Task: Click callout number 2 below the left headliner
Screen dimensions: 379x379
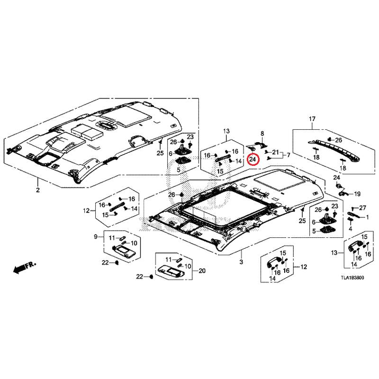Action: pyautogui.click(x=38, y=190)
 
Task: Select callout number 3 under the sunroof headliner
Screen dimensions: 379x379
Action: pyautogui.click(x=241, y=262)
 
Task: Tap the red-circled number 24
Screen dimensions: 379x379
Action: pyautogui.click(x=253, y=159)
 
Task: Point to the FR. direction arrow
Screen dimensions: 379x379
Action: pyautogui.click(x=25, y=267)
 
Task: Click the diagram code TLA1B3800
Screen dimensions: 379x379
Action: pyautogui.click(x=352, y=278)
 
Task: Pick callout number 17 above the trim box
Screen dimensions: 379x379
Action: pyautogui.click(x=312, y=119)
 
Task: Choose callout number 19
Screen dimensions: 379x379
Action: pyautogui.click(x=357, y=194)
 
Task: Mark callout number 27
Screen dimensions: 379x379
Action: pyautogui.click(x=362, y=208)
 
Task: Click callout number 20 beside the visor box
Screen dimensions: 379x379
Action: pyautogui.click(x=202, y=271)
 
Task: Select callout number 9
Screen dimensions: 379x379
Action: pyautogui.click(x=96, y=236)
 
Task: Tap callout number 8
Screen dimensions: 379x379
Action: pyautogui.click(x=262, y=134)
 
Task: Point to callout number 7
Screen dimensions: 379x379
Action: pyautogui.click(x=289, y=155)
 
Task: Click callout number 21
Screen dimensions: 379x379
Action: pyautogui.click(x=276, y=152)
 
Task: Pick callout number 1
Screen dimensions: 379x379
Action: pyautogui.click(x=367, y=217)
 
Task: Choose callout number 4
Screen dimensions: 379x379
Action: pyautogui.click(x=351, y=229)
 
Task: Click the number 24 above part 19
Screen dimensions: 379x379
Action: pyautogui.click(x=336, y=178)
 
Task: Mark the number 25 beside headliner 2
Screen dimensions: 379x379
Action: pyautogui.click(x=160, y=153)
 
